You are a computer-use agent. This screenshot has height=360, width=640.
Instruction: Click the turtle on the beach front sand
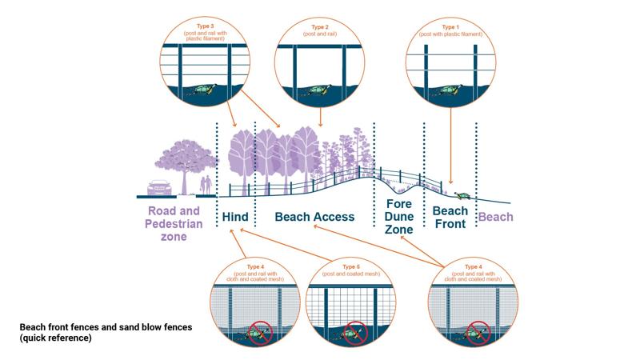coord(462,194)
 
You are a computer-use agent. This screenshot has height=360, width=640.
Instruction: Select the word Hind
coord(235,217)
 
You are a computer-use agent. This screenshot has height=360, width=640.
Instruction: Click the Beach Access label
coord(314,217)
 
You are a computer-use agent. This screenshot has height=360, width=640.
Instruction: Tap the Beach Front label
coord(450,218)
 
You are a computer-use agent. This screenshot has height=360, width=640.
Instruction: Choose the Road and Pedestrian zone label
coord(174,224)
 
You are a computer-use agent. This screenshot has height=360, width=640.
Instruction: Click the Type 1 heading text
coord(450,26)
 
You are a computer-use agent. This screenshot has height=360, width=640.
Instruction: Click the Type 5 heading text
coord(351,266)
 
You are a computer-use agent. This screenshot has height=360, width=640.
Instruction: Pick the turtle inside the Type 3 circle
coord(205,90)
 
